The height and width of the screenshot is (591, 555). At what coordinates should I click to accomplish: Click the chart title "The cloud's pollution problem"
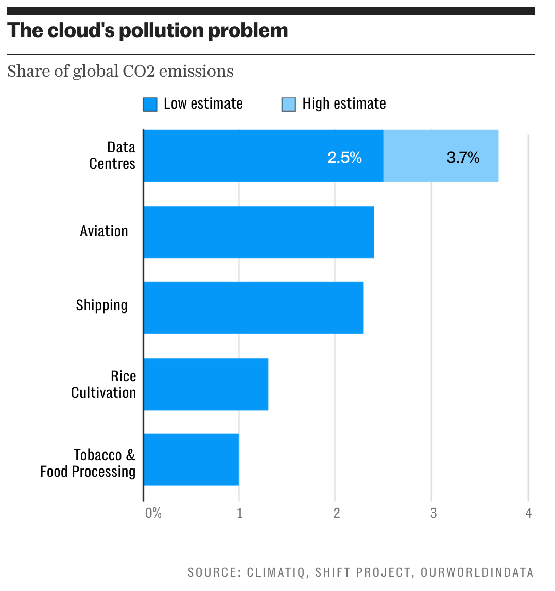(148, 31)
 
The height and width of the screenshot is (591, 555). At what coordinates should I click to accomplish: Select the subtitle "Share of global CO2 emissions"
(120, 71)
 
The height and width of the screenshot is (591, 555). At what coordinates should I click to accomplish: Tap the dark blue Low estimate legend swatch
(150, 105)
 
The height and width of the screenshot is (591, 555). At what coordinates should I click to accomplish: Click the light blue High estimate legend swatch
(288, 105)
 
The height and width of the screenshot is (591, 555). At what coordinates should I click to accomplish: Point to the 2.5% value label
(344, 158)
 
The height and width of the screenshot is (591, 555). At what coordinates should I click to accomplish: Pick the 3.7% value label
(463, 158)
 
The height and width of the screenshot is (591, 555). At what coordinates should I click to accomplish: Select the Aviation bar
(258, 232)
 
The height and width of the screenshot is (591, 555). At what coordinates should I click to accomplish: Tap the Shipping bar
(253, 308)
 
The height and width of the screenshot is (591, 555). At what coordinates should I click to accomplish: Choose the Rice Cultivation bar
(206, 384)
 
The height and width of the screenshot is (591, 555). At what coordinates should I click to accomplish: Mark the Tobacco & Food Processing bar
(191, 460)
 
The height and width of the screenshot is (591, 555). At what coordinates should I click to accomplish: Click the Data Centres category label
(112, 155)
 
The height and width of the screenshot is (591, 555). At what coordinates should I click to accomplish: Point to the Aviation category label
(104, 231)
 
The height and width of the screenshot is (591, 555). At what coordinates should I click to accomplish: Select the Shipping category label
(102, 305)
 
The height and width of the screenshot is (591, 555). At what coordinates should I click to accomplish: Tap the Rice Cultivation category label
(104, 385)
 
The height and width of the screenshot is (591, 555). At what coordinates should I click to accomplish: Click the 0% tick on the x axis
(153, 513)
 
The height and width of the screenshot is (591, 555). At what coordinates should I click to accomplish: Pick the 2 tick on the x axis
(336, 513)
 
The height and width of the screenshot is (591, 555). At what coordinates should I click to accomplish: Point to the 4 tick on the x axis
(528, 513)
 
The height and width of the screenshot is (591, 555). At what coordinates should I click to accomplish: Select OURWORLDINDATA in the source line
(477, 572)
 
